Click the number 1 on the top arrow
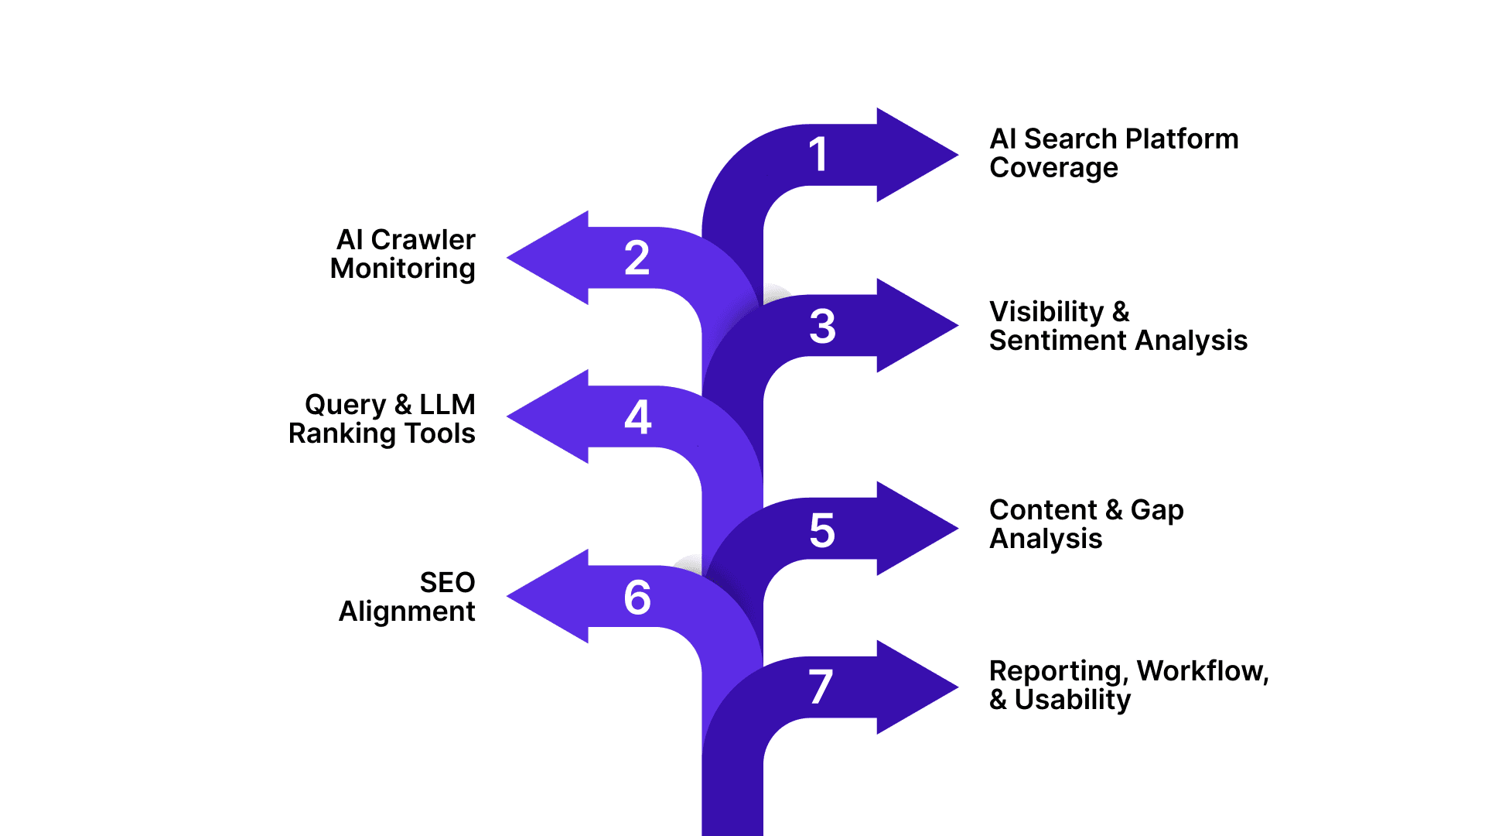(818, 154)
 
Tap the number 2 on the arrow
(637, 258)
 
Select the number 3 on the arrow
(822, 326)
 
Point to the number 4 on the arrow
(637, 417)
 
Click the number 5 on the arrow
(822, 530)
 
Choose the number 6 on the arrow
(637, 598)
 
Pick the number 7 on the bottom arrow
(821, 687)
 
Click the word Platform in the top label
(1182, 139)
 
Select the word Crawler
(423, 240)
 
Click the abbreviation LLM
(447, 405)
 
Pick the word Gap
(1156, 511)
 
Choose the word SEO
(447, 583)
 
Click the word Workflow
(1202, 671)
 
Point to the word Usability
(1072, 701)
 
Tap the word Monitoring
(402, 269)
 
